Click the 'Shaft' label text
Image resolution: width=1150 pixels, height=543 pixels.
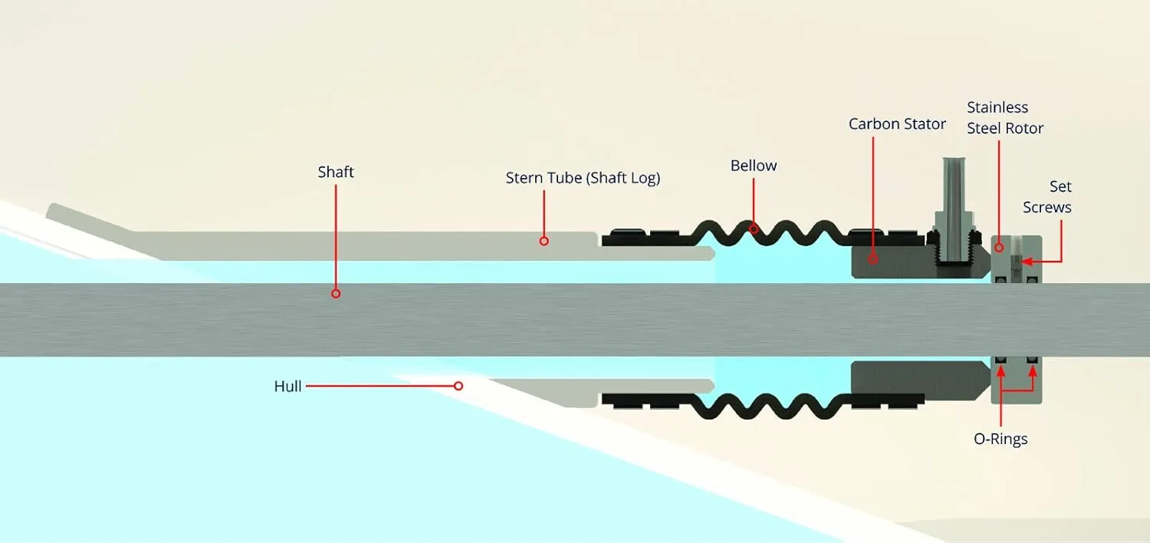click(336, 172)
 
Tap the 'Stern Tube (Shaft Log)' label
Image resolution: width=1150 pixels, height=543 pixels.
click(583, 178)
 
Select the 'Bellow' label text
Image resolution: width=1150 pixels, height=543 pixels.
click(754, 166)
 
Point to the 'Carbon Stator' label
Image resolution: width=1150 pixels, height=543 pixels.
click(897, 123)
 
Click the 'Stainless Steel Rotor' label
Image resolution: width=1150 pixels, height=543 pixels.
click(1004, 117)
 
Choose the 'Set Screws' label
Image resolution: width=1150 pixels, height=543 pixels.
click(1047, 197)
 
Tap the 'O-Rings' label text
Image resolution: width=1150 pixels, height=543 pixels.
click(1001, 439)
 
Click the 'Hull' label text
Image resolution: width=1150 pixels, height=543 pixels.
click(287, 387)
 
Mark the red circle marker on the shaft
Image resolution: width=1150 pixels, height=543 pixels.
click(336, 294)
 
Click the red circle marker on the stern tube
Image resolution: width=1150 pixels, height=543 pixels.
click(544, 241)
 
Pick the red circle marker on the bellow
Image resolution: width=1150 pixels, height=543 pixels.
click(754, 229)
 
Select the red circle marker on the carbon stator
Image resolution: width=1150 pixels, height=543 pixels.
click(872, 259)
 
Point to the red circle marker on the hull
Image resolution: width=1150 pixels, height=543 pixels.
click(458, 386)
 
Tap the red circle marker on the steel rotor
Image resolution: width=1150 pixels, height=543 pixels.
click(999, 248)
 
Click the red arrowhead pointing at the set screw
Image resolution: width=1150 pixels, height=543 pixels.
click(1027, 262)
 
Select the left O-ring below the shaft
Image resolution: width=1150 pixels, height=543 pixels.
click(1001, 360)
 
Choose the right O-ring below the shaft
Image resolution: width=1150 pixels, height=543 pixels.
click(1033, 360)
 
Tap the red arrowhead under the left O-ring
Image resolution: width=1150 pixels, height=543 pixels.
click(1001, 371)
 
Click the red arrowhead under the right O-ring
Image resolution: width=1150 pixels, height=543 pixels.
click(1033, 371)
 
